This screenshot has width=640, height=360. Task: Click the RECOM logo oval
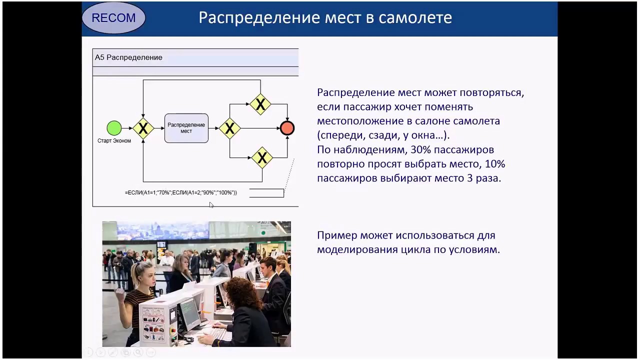[x=113, y=18]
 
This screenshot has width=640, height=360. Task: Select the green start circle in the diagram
[x=114, y=128]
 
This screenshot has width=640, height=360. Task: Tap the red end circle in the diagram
[x=287, y=128]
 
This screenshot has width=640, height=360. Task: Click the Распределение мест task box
[x=186, y=128]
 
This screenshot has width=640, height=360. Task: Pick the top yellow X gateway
[x=260, y=104]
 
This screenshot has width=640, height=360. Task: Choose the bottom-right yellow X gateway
[x=261, y=158]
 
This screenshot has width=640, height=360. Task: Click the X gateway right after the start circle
[x=143, y=128]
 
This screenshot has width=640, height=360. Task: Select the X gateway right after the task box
[x=229, y=128]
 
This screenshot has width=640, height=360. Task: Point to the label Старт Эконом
[x=114, y=141]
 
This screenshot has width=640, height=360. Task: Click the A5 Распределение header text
[x=128, y=57]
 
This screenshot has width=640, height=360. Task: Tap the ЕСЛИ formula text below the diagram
[x=180, y=192]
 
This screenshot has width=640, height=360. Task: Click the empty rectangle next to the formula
[x=266, y=193]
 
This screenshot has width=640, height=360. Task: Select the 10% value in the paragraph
[x=495, y=163]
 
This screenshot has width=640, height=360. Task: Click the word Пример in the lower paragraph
[x=336, y=235]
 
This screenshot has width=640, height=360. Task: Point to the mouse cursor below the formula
[x=211, y=205]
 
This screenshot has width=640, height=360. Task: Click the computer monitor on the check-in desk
[x=189, y=312]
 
